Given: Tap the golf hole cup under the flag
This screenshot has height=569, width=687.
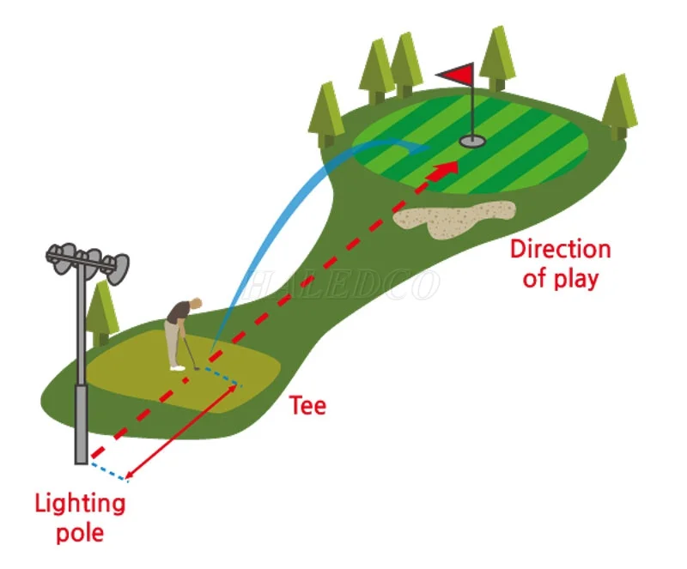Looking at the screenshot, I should click(471, 140).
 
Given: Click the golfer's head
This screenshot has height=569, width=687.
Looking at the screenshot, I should click(197, 303).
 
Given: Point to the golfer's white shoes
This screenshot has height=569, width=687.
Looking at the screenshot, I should click(177, 366).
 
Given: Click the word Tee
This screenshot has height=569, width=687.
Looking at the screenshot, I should click(307, 405).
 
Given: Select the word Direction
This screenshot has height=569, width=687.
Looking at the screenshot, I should click(560, 250).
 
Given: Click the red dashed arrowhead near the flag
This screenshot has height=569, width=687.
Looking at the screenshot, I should click(444, 170).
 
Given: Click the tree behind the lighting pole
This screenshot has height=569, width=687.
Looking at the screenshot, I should click(104, 309).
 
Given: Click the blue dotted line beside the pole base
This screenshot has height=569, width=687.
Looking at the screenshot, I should click(107, 470).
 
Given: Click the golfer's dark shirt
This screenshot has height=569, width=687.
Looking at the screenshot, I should click(177, 315).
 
